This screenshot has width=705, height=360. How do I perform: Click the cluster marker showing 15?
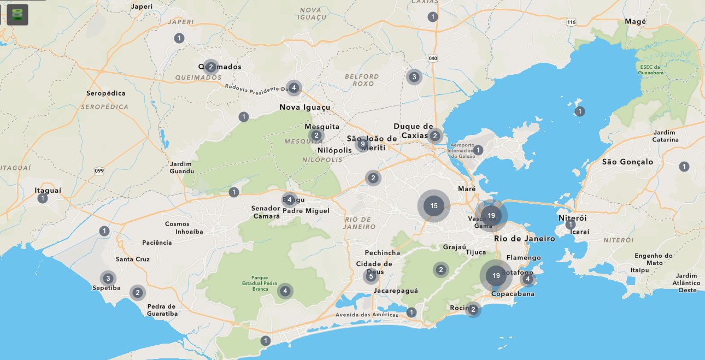click(x=434, y=206)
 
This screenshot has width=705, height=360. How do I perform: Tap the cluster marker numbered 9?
click(x=362, y=144)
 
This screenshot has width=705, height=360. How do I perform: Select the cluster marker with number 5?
click(x=371, y=276)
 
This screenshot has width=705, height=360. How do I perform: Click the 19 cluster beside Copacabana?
click(x=496, y=276)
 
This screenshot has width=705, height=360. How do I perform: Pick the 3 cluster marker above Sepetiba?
click(x=108, y=278)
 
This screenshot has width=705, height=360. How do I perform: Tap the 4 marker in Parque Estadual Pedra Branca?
click(x=285, y=291)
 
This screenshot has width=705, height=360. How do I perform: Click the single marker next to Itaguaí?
click(x=43, y=198)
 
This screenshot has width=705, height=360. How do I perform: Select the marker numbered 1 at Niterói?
click(x=571, y=225)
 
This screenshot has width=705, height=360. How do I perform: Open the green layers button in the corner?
click(x=18, y=15)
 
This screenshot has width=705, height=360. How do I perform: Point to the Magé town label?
click(x=636, y=21)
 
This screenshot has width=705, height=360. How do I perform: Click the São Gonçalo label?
click(x=627, y=162)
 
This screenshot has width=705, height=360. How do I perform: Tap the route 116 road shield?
click(x=571, y=22)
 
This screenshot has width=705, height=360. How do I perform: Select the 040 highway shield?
click(x=433, y=58)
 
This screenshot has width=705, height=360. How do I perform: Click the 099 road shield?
click(x=99, y=170)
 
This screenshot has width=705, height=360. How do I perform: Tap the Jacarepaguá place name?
click(x=396, y=291)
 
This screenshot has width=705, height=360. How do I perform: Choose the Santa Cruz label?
click(x=132, y=259)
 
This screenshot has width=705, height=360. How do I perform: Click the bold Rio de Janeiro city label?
click(x=524, y=239)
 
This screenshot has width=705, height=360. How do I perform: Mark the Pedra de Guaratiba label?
click(x=162, y=310)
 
